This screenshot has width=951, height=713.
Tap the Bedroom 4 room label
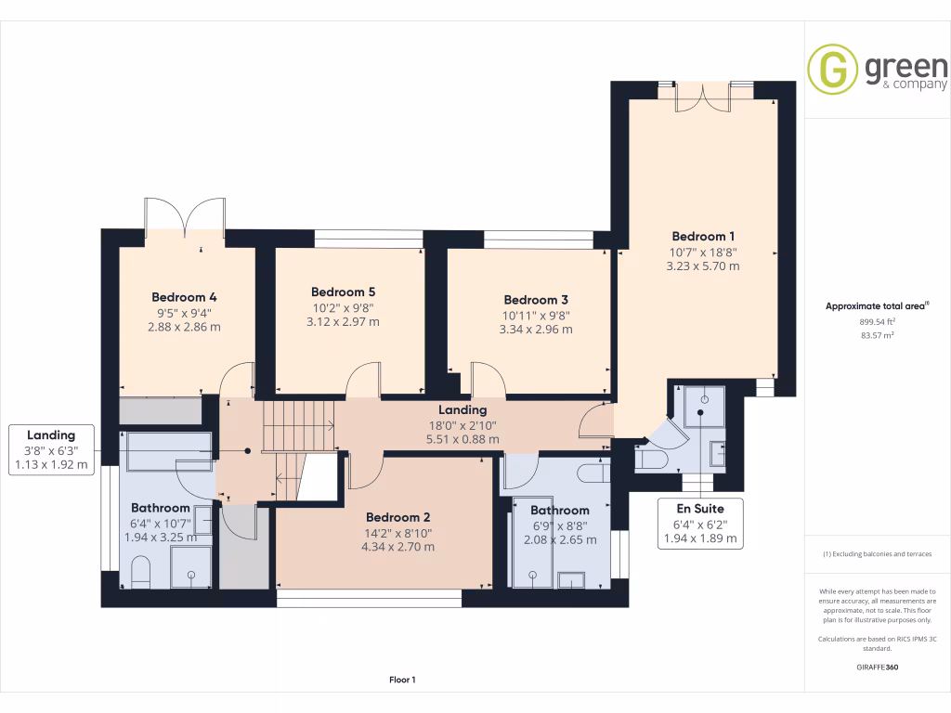click(x=184, y=297)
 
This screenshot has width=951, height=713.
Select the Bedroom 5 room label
click(x=343, y=292)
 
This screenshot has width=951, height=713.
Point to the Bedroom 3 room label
click(x=536, y=300)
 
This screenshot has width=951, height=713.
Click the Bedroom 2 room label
click(x=397, y=517)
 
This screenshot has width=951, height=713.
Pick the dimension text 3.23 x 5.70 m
click(x=703, y=266)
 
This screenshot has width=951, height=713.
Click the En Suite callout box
click(x=701, y=523)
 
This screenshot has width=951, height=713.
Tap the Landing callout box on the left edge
click(x=51, y=449)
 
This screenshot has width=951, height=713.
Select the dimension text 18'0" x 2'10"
click(x=462, y=424)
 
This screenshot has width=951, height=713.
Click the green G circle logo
click(x=831, y=69)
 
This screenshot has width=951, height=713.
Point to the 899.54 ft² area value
click(x=877, y=321)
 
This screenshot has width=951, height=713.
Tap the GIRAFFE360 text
click(x=877, y=667)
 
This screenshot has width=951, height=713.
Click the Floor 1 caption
click(x=402, y=681)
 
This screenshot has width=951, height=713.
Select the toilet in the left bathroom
click(x=141, y=573)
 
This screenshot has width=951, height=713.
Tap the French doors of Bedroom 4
click(x=185, y=217)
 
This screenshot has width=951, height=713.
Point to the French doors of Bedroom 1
click(x=703, y=97)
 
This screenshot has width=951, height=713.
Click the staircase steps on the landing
click(x=296, y=426)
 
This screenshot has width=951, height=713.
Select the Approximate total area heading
click(x=877, y=305)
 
